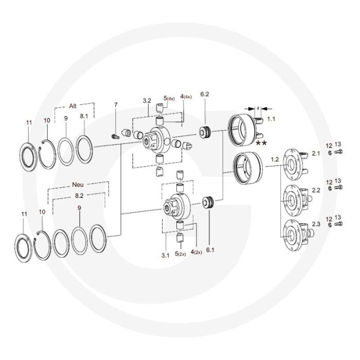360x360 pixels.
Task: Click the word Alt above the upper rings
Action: [x=73, y=106]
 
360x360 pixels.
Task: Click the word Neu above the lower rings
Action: [x=78, y=185]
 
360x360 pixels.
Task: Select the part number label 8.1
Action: [x=84, y=116]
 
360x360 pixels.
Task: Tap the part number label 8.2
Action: [x=79, y=195]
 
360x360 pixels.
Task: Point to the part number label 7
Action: [x=116, y=105]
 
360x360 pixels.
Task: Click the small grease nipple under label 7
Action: [x=116, y=137]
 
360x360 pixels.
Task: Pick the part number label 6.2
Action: [x=205, y=94]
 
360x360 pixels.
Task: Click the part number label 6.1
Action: [x=210, y=250]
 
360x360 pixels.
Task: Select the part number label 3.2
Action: [x=147, y=101]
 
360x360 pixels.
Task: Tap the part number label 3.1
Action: [x=165, y=255]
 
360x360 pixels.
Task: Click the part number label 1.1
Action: [x=271, y=119]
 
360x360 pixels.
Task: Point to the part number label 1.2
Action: [x=275, y=159]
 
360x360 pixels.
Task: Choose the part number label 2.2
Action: [x=316, y=190]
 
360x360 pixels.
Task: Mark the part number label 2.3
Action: [x=316, y=224]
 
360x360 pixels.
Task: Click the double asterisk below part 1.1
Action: [x=261, y=143]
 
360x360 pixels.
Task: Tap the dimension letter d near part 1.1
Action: [x=258, y=108]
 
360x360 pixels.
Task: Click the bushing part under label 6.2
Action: [x=205, y=133]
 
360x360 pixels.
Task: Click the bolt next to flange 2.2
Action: [x=338, y=188]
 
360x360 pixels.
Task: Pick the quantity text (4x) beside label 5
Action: [x=171, y=99]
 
